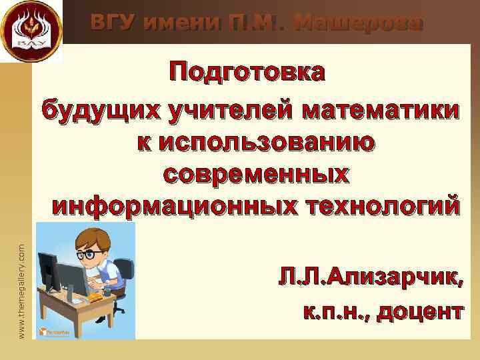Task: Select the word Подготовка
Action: click(x=247, y=72)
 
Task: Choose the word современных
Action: click(x=255, y=174)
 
